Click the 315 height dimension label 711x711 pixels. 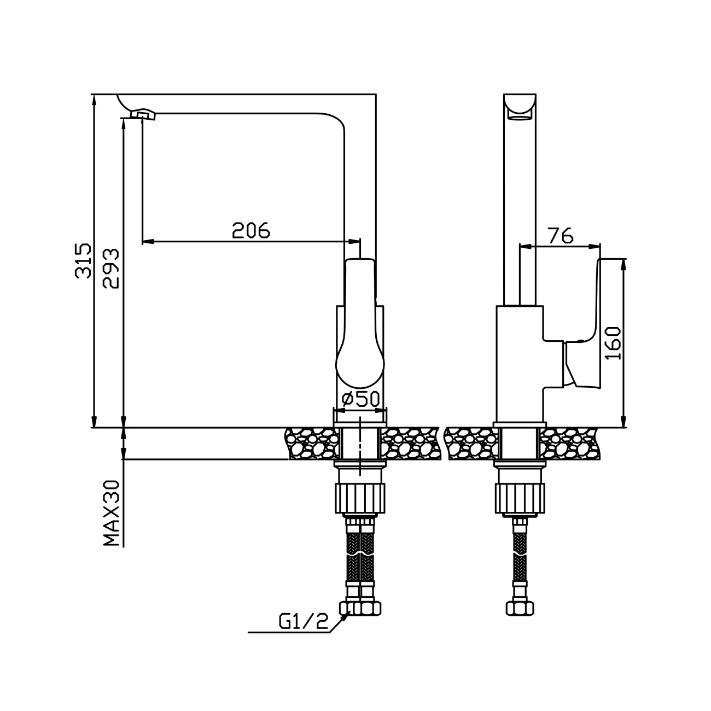(x=83, y=260)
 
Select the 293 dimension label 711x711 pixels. (x=112, y=268)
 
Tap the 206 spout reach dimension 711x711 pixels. (x=251, y=230)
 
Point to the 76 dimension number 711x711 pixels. (x=561, y=236)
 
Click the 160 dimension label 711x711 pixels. (x=613, y=343)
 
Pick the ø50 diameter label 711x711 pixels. (x=360, y=399)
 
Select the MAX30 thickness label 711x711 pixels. (x=112, y=513)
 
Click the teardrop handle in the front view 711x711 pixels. (x=360, y=324)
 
